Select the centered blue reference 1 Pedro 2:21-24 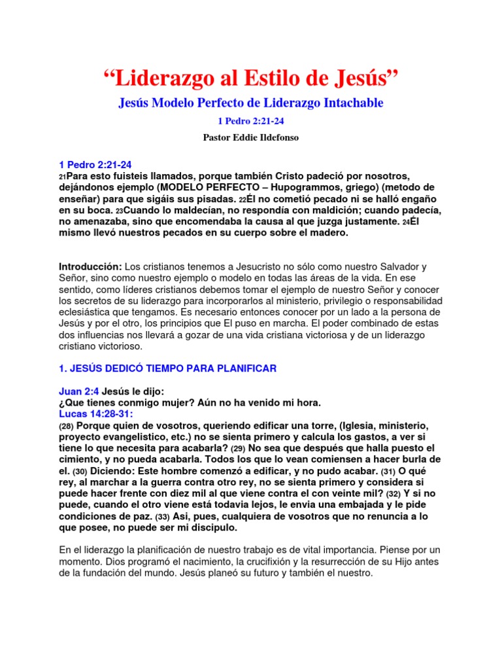[251, 121]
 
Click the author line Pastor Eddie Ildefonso [251, 139]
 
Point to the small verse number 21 [62, 177]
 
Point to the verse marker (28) [66, 425]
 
